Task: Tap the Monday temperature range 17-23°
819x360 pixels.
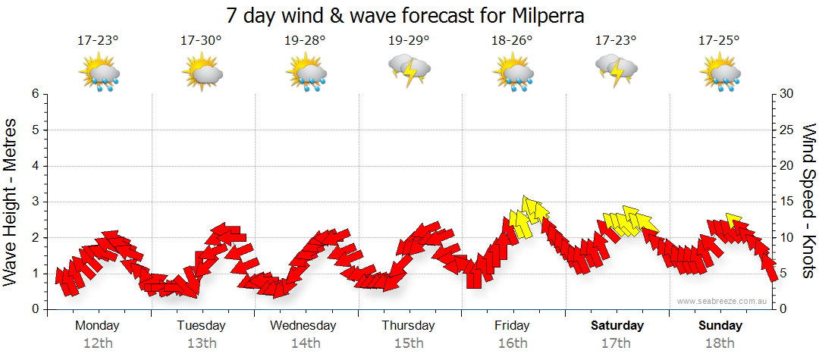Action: tap(98, 40)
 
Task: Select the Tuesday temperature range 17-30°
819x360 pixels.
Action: tap(201, 40)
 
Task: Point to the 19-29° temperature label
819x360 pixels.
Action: tap(409, 40)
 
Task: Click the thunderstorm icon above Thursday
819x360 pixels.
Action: tap(409, 70)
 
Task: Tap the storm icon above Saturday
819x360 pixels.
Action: tap(616, 70)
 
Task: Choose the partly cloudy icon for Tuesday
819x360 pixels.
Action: tap(202, 73)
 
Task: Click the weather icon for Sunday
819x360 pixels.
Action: tap(720, 73)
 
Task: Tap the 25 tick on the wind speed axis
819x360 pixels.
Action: tap(787, 130)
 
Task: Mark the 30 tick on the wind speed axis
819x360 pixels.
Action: tap(787, 94)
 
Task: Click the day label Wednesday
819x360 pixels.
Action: tap(303, 326)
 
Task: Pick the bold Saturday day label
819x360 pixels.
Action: tap(617, 326)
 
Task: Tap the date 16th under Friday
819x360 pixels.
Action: tap(513, 343)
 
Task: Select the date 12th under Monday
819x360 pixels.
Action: tap(97, 343)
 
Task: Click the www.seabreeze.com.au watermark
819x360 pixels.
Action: tap(723, 301)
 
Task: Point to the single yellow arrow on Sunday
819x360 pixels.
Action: tap(733, 220)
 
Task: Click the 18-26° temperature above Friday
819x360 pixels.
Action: tap(513, 40)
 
